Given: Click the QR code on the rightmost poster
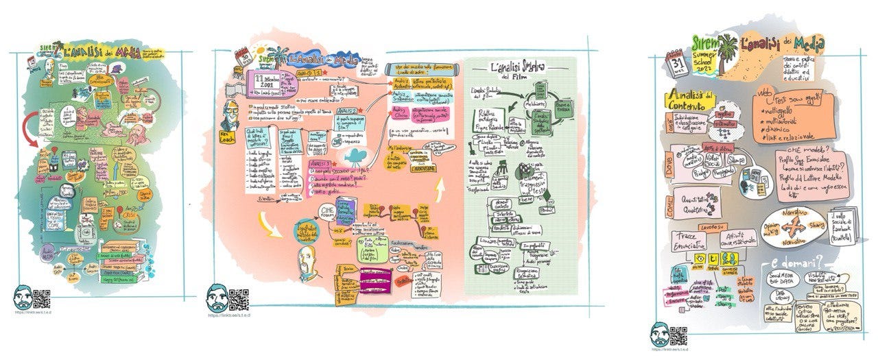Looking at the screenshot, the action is click(678, 335).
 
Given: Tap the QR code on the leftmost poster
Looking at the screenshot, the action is click(43, 299).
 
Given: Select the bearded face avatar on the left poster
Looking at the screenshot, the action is click(23, 299).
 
